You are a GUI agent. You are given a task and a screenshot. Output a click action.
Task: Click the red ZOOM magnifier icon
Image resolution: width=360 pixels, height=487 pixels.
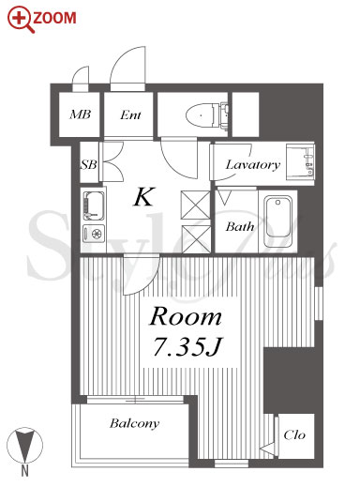click(21, 20)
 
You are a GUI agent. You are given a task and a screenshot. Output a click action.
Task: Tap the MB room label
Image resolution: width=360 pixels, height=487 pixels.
click(81, 114)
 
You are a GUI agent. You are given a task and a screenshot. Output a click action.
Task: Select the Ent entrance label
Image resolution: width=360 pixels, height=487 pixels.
click(130, 115)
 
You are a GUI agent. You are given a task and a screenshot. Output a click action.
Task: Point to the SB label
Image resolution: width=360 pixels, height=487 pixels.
click(89, 164)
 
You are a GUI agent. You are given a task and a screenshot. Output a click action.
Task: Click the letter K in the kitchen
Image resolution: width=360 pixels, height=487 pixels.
click(144, 197)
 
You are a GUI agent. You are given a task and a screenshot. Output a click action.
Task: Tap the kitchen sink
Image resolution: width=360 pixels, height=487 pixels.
click(94, 205)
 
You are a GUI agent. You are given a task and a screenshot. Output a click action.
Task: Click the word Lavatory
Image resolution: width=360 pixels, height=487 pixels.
click(252, 165)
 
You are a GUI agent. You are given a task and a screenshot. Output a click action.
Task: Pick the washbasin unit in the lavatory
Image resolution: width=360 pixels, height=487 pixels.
click(300, 162)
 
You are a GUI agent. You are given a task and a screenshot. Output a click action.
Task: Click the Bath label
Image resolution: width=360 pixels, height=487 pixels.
click(240, 226)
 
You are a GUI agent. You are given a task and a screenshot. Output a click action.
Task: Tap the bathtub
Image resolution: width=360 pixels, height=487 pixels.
click(278, 221)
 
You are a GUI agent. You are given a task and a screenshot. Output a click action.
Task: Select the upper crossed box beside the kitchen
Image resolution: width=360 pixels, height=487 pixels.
click(196, 205)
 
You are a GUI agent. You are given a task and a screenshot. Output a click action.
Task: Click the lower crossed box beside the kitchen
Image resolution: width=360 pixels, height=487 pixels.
click(196, 239)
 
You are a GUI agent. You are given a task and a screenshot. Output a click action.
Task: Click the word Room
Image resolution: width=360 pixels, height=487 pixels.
click(186, 316)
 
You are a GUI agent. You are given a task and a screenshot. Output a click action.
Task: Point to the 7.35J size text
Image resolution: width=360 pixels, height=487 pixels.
click(187, 346)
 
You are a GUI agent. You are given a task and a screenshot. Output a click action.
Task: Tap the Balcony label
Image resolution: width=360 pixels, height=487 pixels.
click(134, 424)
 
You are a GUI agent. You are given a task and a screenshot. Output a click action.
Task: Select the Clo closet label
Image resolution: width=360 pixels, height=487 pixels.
click(294, 434)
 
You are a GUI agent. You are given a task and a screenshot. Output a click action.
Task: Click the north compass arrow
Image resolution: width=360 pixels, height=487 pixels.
click(24, 445)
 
